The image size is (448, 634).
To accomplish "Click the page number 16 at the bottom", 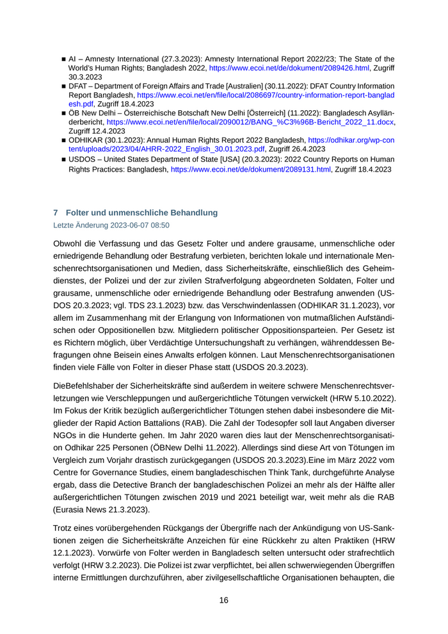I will coord(224,600).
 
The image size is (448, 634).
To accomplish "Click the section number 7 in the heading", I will coord(56,213).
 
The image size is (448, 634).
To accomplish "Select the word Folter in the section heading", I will coord(77,213).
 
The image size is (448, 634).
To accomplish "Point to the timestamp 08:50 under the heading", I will coord(159,225).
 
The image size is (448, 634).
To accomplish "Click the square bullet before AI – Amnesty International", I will coord(63,59).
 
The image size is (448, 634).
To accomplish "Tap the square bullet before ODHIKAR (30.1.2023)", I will coord(63,140).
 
